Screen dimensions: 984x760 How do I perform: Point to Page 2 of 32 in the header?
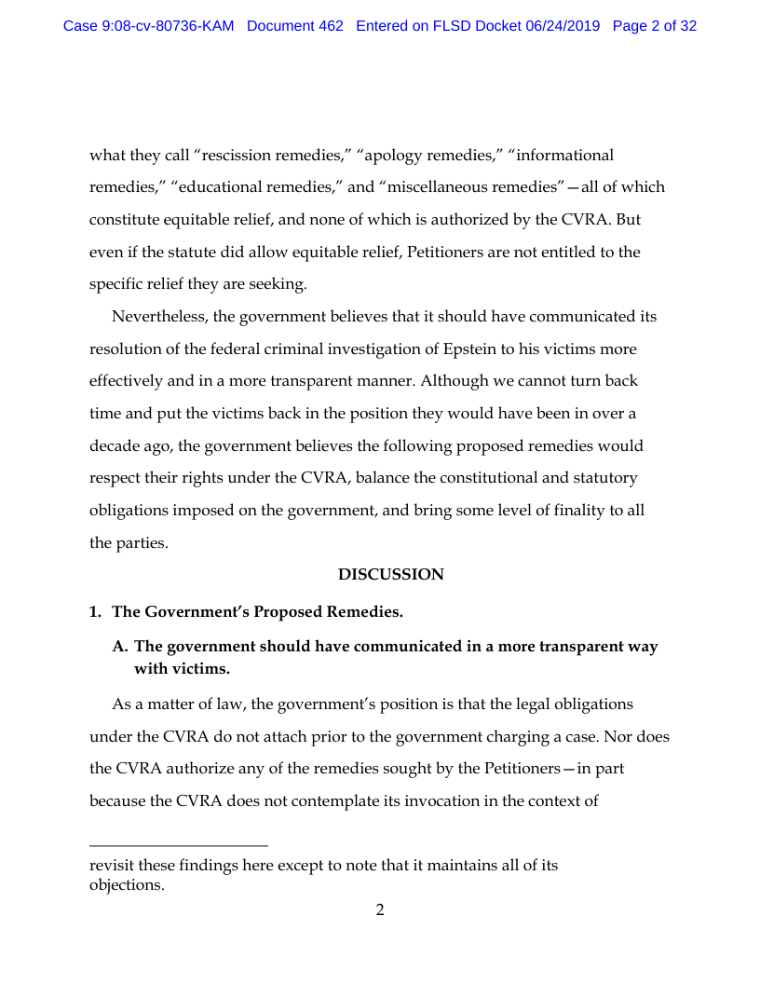pyautogui.click(x=655, y=26)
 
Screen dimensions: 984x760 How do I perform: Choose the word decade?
pyautogui.click(x=114, y=445)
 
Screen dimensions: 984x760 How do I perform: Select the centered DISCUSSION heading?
pyautogui.click(x=390, y=575)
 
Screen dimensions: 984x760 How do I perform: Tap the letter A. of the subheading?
pyautogui.click(x=120, y=647)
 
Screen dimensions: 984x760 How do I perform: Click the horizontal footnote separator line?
pyautogui.click(x=179, y=846)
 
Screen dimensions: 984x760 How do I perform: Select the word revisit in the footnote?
pyautogui.click(x=112, y=866)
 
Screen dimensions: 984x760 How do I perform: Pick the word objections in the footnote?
pyautogui.click(x=126, y=885)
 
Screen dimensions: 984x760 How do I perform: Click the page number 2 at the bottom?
pyautogui.click(x=380, y=910)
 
